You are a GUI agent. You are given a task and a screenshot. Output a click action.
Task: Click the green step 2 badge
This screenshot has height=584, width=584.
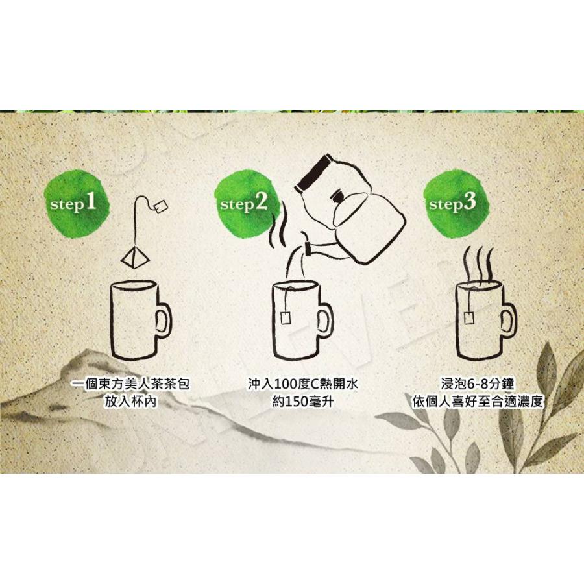click(x=247, y=203)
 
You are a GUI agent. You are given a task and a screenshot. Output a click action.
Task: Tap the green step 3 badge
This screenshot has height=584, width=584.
click(x=455, y=203)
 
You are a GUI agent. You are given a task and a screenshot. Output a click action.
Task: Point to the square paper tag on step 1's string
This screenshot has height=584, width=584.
click(x=160, y=206)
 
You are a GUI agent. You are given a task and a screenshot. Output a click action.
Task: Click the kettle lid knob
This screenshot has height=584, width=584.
click(x=337, y=196)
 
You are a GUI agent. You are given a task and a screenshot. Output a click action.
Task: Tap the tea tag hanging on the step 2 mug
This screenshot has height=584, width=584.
click(x=286, y=319)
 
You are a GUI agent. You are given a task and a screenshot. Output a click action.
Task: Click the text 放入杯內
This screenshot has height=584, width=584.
click(x=130, y=402)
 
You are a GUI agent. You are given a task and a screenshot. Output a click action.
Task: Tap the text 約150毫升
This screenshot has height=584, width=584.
click(x=303, y=402)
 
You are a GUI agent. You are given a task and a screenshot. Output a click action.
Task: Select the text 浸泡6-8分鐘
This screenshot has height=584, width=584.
click(x=478, y=383)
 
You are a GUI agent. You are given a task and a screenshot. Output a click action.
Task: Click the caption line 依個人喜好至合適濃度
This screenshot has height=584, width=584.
click(x=478, y=402)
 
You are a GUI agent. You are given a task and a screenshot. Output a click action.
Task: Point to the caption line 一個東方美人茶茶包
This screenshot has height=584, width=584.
click(x=130, y=383)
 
